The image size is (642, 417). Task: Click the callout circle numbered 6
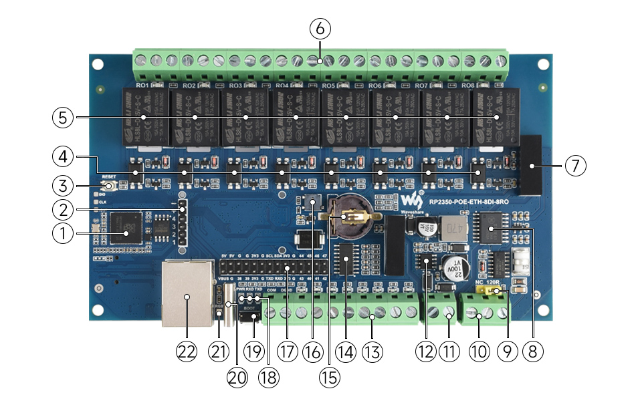(320, 29)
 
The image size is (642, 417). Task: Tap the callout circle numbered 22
(186, 352)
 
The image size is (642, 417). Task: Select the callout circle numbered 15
(329, 377)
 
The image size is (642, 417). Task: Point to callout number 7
(576, 165)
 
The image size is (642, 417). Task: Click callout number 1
(62, 233)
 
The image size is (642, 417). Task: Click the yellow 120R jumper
(498, 291)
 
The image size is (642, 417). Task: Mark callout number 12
(425, 352)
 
